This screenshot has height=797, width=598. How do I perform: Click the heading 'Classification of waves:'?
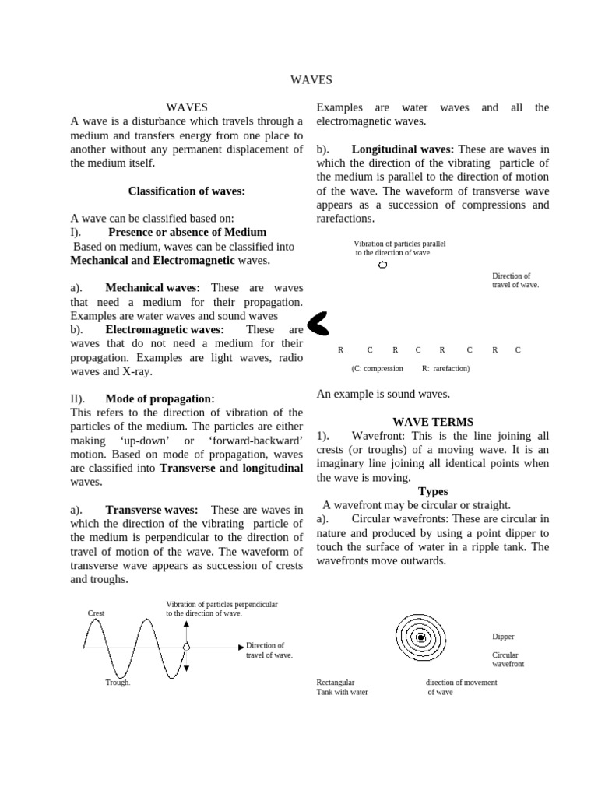[x=186, y=191]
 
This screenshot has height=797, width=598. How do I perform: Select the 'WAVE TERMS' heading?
[x=432, y=422]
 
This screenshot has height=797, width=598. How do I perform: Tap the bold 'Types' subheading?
[x=433, y=491]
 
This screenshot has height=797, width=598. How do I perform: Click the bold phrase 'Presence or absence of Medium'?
[x=187, y=232]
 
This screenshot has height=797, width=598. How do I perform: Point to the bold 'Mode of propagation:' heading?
[x=160, y=398]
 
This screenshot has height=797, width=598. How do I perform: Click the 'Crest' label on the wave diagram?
[x=97, y=613]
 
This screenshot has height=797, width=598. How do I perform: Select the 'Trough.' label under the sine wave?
[x=118, y=683]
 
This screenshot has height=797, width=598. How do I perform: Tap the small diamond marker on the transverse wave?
[x=186, y=647]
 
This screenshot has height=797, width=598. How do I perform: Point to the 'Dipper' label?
[x=503, y=637]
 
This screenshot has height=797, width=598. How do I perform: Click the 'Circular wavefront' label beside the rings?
[x=508, y=660]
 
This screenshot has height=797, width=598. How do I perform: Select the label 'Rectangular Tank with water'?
[x=342, y=687]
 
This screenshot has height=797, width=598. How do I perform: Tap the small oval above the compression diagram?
[x=382, y=265]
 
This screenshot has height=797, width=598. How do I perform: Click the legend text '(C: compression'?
[x=377, y=369]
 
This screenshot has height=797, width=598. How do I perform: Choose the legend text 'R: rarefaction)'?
[x=445, y=369]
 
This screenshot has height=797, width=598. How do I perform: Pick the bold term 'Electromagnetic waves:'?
[x=164, y=329]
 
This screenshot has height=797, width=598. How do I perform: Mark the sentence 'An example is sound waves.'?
[x=383, y=395]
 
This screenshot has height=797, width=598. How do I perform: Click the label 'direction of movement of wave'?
[x=461, y=687]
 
